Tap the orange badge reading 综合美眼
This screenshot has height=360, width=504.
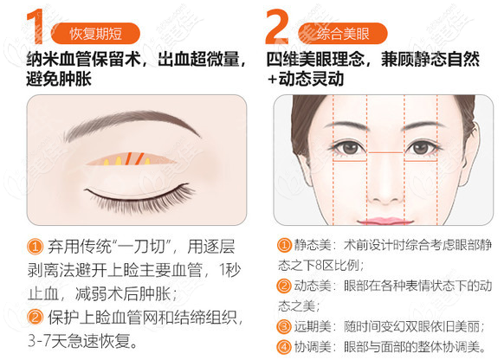click(x=341, y=35)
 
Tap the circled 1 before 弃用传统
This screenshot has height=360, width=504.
click(x=36, y=246)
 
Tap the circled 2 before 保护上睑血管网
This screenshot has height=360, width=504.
click(x=36, y=314)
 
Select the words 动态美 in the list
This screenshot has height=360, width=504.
click(x=313, y=286)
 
